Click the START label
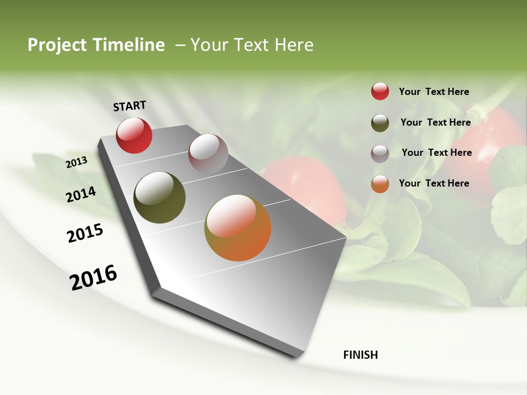coord(130,106)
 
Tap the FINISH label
coord(361,355)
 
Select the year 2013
coord(77,162)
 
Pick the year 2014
coord(81,195)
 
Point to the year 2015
coord(85,233)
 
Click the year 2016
coord(93,278)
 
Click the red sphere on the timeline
coord(134,135)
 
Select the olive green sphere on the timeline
coord(160,198)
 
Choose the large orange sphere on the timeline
coord(238,228)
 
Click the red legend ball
coord(380,91)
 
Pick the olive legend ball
coord(380,123)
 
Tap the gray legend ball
coord(380,154)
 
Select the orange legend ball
coord(380,184)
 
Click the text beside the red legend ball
coord(434,92)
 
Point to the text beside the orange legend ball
coord(434,183)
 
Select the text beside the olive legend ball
coord(435,122)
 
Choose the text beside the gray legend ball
coord(436,153)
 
